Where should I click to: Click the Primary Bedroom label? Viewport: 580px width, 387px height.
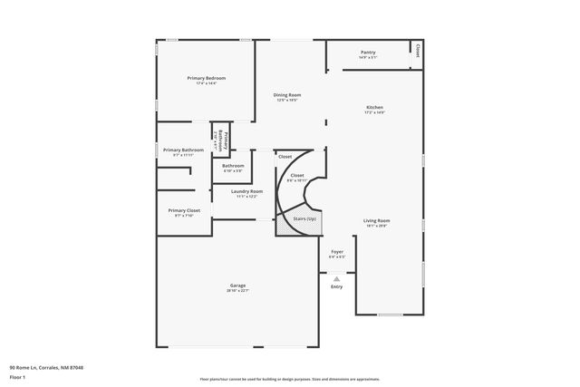tap(207, 78)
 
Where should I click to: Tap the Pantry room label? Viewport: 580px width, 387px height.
tap(368, 53)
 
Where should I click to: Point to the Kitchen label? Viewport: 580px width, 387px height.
tap(375, 107)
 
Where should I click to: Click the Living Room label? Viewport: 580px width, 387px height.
tap(377, 220)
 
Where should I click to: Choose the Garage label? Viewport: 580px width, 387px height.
tap(237, 285)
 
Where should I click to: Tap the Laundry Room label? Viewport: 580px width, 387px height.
tap(246, 191)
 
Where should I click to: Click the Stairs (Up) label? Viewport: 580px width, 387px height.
tap(304, 218)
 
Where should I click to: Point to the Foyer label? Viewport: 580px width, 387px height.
tap(337, 251)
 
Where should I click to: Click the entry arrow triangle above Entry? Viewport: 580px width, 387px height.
tap(337, 278)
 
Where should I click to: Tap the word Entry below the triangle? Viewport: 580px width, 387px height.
tap(337, 287)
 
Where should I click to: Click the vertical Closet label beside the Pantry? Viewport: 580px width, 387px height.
tap(418, 53)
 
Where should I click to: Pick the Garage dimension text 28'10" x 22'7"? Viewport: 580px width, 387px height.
tap(237, 291)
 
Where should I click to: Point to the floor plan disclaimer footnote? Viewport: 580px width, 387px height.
tap(290, 380)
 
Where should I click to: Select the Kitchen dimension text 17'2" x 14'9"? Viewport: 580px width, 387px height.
tap(375, 112)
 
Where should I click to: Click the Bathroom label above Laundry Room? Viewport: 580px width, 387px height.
tap(233, 165)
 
